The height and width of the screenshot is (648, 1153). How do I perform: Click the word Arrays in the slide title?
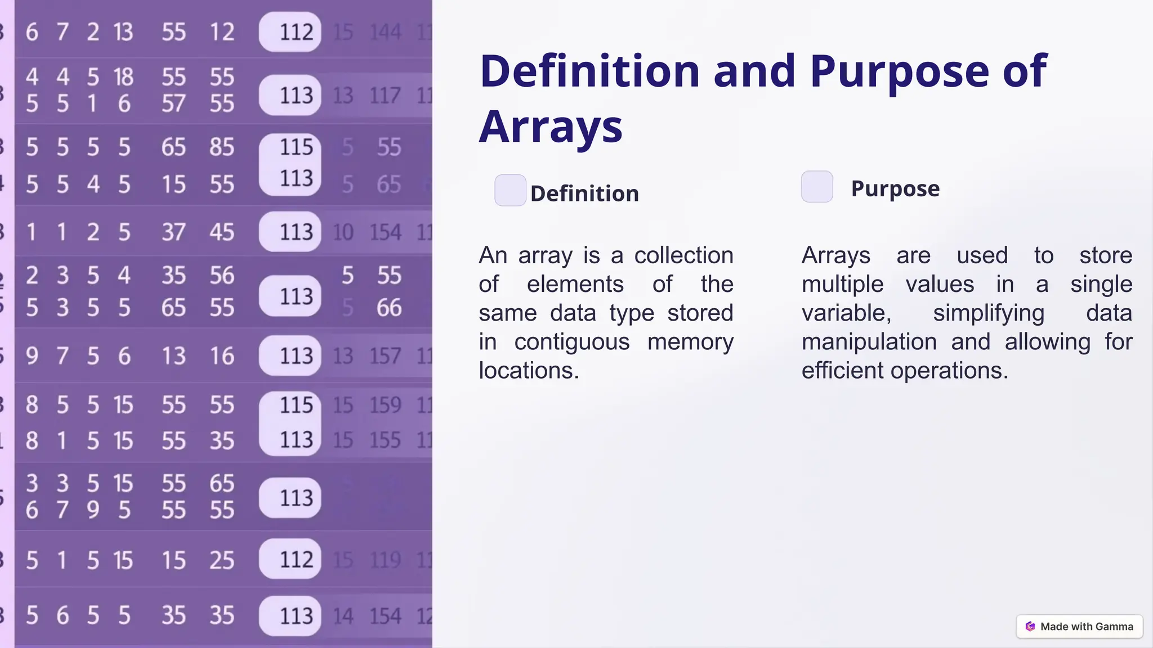click(551, 128)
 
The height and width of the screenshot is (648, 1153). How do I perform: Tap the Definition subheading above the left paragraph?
click(584, 193)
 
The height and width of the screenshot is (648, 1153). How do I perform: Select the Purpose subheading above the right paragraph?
click(895, 188)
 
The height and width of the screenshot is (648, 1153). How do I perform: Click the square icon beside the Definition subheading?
click(510, 190)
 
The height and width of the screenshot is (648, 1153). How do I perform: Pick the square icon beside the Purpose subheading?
click(817, 187)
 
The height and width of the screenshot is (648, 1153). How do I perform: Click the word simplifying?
click(988, 313)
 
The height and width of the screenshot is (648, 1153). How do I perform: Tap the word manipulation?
click(869, 342)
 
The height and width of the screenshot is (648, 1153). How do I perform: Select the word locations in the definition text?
click(528, 371)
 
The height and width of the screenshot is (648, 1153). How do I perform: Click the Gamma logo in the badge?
click(1030, 627)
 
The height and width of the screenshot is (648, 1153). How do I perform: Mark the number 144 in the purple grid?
click(386, 32)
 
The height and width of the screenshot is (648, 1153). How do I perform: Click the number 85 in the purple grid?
click(222, 147)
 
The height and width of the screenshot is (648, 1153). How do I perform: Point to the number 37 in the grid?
click(173, 232)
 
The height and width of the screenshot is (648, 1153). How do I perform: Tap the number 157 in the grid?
click(386, 356)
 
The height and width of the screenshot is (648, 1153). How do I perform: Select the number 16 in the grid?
click(222, 356)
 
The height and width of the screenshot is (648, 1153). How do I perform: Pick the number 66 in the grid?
click(389, 308)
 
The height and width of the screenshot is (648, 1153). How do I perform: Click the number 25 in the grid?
click(222, 560)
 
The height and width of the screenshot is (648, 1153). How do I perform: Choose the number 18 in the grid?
click(123, 77)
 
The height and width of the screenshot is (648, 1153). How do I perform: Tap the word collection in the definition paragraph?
click(683, 256)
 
